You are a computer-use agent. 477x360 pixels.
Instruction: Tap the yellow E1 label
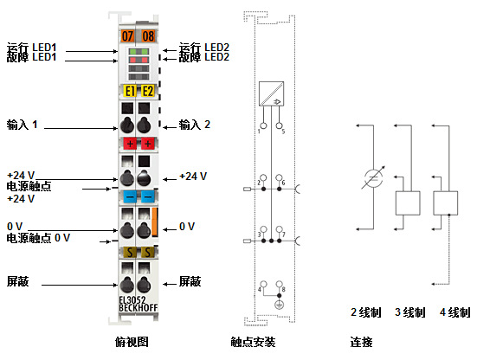[x=129, y=91]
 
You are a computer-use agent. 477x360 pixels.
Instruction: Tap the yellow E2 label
[x=147, y=91]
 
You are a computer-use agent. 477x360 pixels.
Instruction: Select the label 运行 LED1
[x=31, y=47]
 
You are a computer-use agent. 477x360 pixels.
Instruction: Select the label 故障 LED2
[x=203, y=58]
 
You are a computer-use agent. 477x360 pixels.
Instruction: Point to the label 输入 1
[x=23, y=125]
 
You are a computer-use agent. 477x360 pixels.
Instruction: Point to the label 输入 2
[x=195, y=125]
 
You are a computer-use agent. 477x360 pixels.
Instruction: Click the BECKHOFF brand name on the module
[x=137, y=310]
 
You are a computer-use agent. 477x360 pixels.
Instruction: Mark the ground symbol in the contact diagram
[x=279, y=305]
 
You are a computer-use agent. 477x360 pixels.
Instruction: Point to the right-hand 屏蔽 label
[x=190, y=281]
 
